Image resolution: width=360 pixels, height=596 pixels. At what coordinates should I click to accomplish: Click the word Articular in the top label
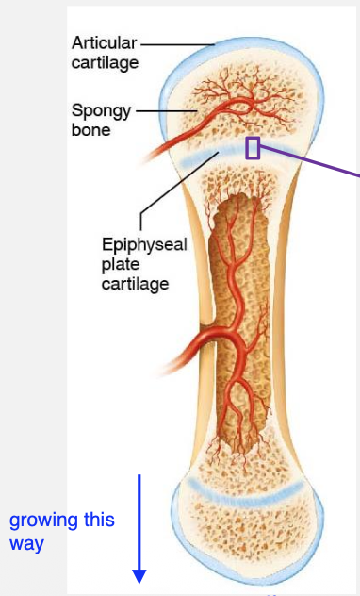click(x=104, y=43)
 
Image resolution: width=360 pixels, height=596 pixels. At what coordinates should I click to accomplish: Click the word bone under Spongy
click(x=90, y=130)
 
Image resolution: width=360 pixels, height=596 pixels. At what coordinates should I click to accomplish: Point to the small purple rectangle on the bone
click(x=253, y=147)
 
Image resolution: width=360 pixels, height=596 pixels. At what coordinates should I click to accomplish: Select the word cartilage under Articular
click(x=105, y=63)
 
